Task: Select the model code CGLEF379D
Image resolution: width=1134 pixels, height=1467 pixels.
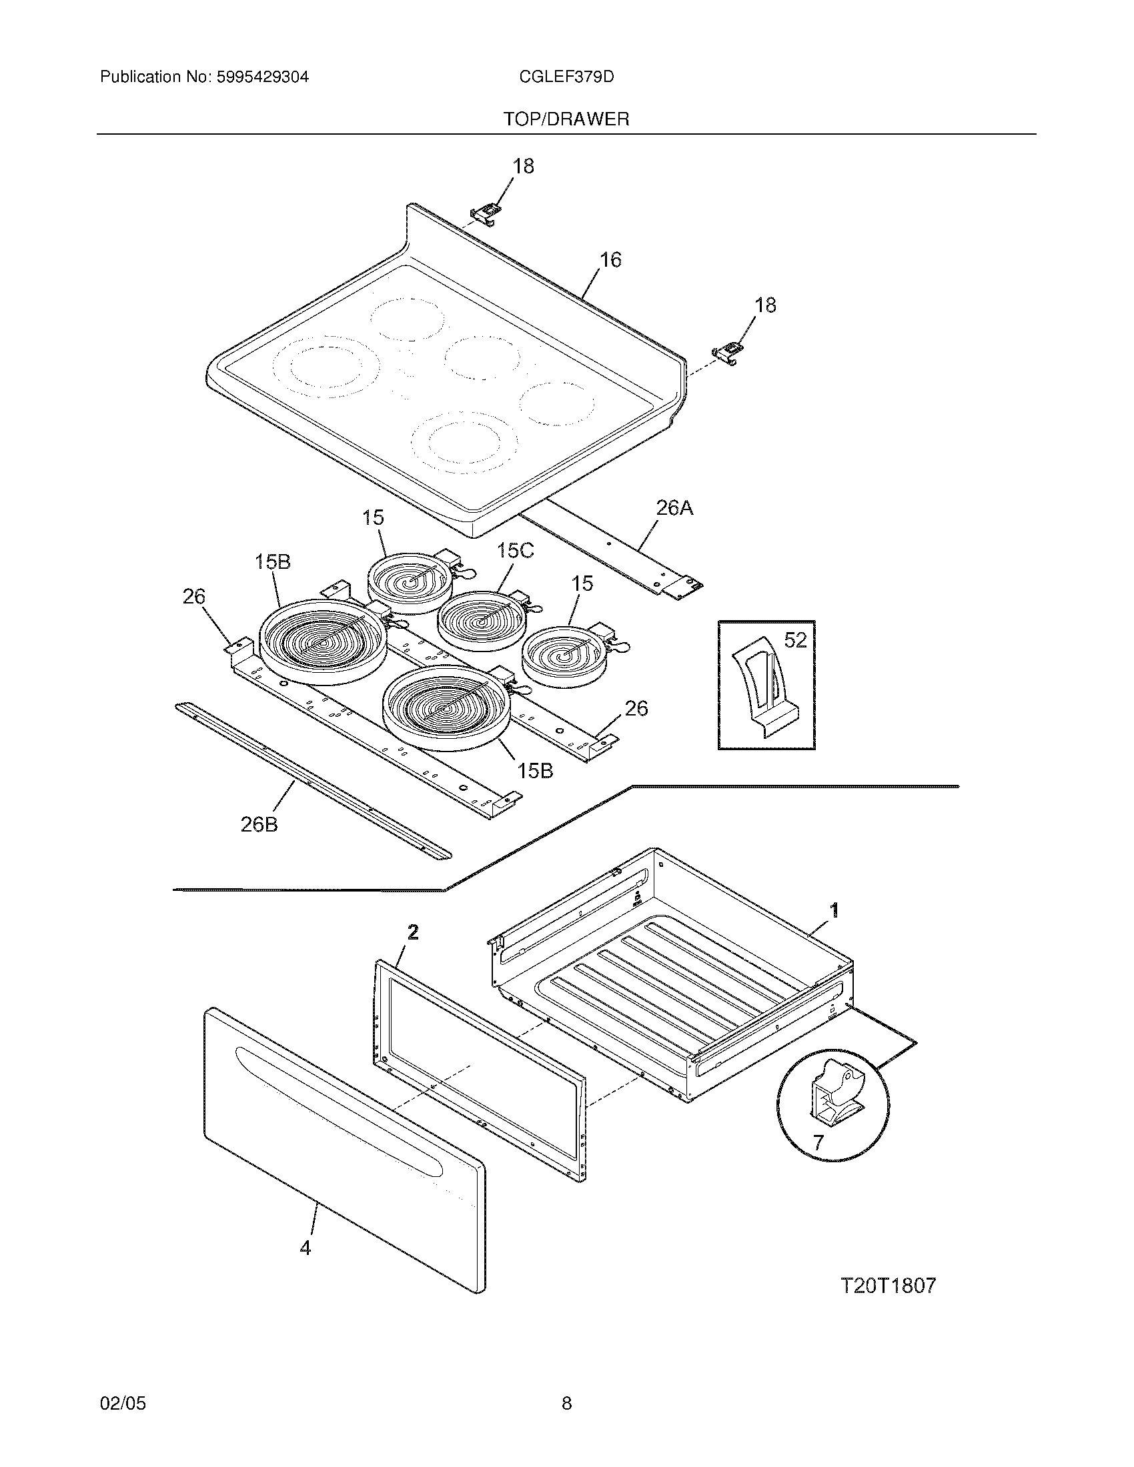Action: coord(566,77)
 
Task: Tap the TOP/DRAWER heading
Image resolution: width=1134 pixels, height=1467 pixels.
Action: coord(566,119)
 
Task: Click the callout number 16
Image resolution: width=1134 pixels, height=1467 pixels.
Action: coord(610,259)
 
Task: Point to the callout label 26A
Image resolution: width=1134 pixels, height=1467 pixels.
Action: coord(674,509)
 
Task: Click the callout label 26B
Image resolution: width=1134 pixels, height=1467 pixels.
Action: coord(259,824)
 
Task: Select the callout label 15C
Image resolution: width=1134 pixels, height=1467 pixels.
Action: coord(515,551)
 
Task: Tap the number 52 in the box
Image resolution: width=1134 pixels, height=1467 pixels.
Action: coord(794,641)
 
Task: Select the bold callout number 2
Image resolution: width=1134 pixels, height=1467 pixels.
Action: coord(413,932)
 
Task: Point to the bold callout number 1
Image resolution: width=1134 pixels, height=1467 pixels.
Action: coord(834,911)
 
